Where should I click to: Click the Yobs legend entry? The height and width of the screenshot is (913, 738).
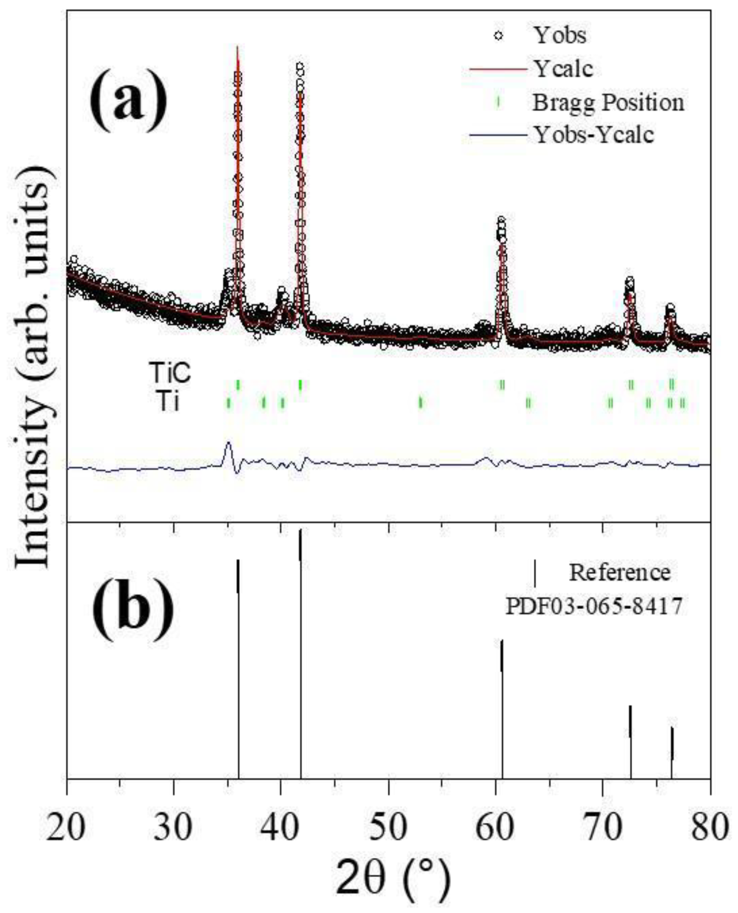tap(560, 36)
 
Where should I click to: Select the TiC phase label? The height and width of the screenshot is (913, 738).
tap(170, 373)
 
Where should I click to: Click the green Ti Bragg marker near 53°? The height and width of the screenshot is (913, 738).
tap(420, 402)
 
